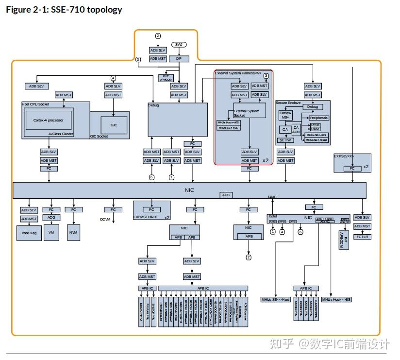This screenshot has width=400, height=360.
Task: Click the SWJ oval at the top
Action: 179,45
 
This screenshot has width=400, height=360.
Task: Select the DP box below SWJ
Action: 179,58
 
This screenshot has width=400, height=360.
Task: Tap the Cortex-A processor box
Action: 45,119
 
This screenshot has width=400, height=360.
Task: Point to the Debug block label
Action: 153,105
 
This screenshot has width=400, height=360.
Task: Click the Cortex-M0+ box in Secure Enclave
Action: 285,115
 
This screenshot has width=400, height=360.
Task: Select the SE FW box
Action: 285,140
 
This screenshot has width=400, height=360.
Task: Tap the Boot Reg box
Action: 29,232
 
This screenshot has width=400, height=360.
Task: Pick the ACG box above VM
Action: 51,217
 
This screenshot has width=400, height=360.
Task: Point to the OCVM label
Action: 106,220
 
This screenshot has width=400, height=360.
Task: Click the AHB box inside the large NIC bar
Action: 226,194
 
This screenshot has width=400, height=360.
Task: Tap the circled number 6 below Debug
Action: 152,177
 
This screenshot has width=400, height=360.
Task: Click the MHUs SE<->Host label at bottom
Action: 275,299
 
